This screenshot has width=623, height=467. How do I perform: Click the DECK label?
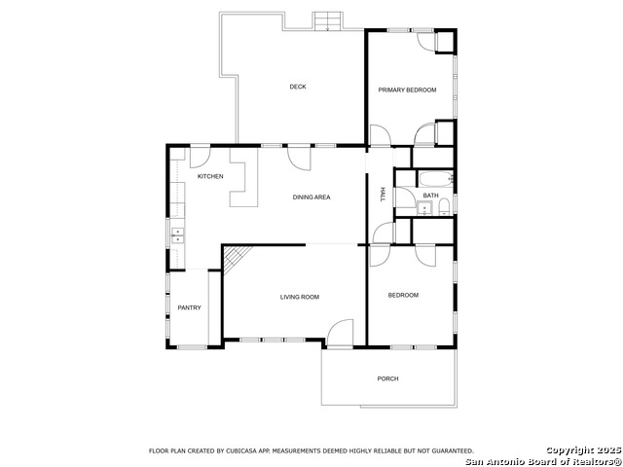(x=298, y=87)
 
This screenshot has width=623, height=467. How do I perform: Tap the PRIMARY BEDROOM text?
(x=407, y=90)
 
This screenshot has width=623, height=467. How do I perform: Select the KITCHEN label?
(x=210, y=176)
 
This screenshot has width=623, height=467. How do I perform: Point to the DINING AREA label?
(x=311, y=198)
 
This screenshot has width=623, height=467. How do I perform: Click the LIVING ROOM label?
(x=300, y=297)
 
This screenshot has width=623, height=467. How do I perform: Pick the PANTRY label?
(x=189, y=308)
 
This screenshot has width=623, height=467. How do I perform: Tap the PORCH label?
(x=388, y=378)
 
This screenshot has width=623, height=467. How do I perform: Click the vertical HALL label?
(x=383, y=195)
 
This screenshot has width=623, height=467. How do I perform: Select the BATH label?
(x=430, y=196)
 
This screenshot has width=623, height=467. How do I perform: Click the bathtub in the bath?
(x=435, y=178)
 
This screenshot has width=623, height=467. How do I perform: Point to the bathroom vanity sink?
(x=424, y=209)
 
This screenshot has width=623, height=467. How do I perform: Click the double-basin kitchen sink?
(x=177, y=233)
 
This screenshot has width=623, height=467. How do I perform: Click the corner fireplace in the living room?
(x=235, y=258)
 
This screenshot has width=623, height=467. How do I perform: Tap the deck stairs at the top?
(x=328, y=20)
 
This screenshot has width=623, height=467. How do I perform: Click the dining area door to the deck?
(x=299, y=156)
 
